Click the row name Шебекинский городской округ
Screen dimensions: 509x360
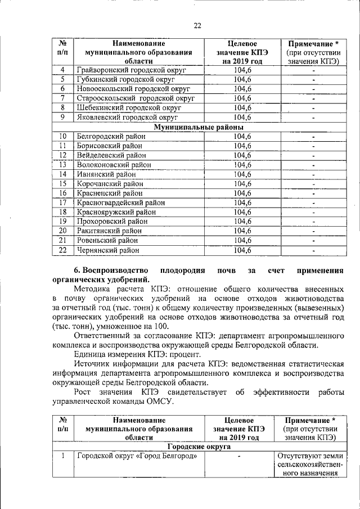[128, 107]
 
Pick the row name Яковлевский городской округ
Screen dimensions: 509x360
[127, 117]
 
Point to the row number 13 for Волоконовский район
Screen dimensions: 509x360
[63, 165]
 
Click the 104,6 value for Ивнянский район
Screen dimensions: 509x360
[242, 174]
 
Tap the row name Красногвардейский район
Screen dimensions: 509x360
[121, 202]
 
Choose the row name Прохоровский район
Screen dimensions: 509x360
[111, 222]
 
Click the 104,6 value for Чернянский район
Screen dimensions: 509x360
[242, 250]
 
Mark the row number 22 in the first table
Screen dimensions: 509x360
[63, 250]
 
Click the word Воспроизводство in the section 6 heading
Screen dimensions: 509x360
[115, 270]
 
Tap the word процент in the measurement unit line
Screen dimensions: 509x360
[181, 354]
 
